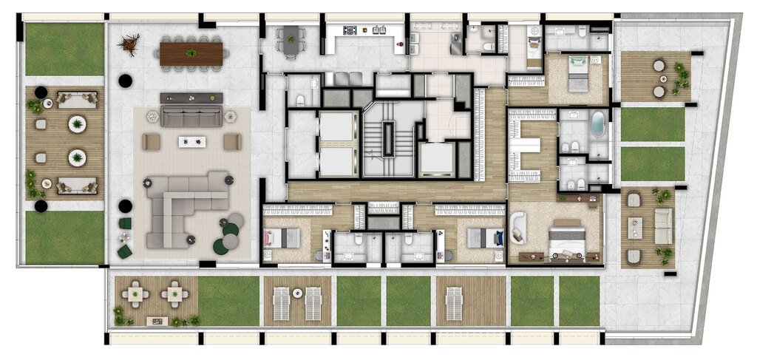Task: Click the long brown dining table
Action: pos(191,53)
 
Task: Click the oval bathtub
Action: pos(597,123)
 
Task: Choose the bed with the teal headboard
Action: pos(577,73)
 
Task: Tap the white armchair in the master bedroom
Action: pos(517,227)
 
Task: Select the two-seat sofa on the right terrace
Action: pos(664,225)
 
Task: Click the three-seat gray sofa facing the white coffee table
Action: pos(191,115)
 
